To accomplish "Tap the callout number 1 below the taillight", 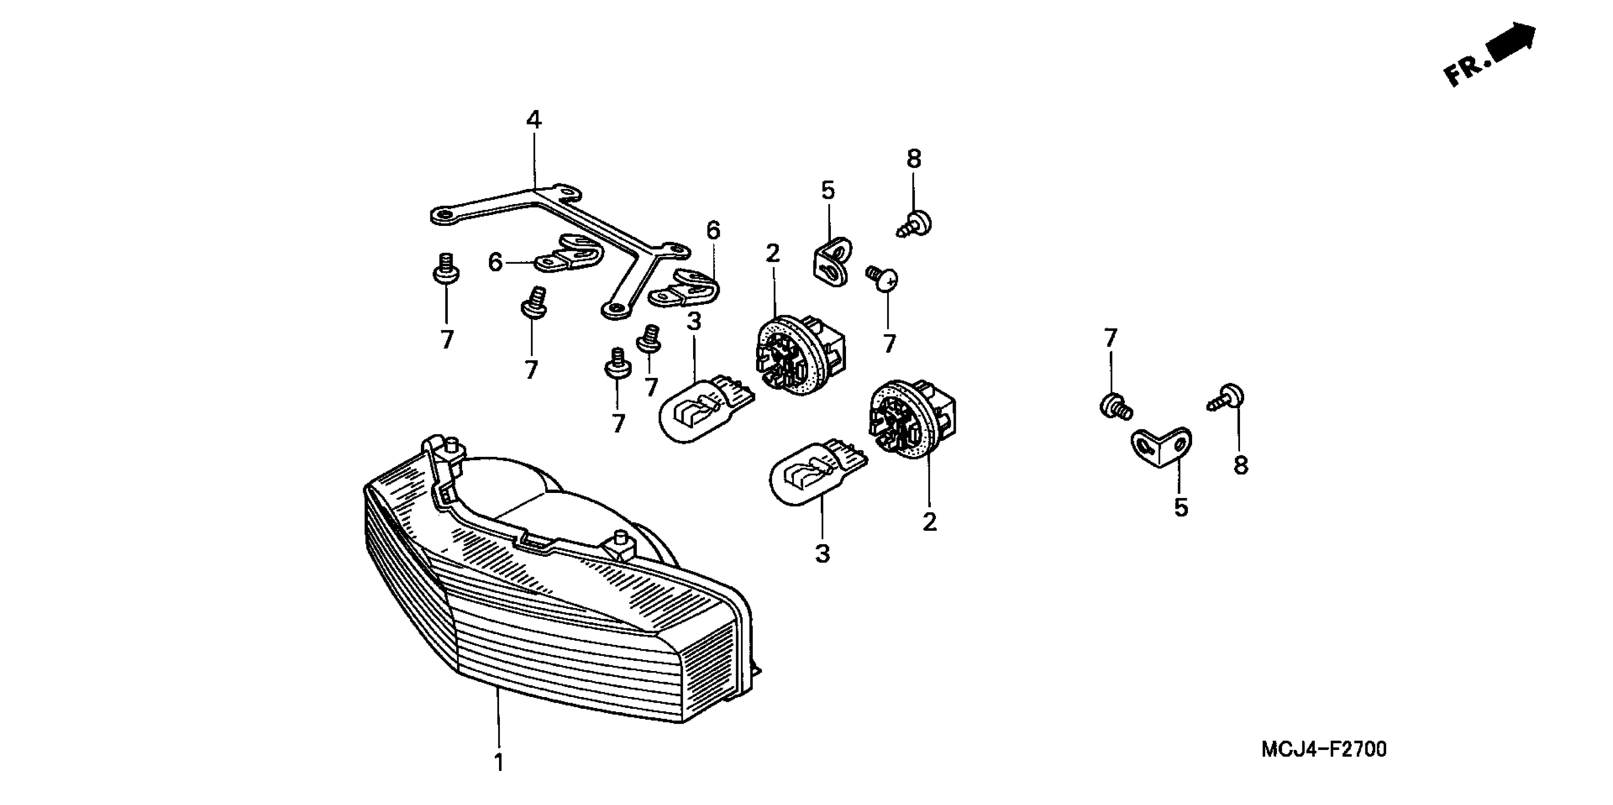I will [499, 762].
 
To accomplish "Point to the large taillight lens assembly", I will [551, 595].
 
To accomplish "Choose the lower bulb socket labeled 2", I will [910, 417].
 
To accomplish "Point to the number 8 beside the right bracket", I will [1240, 466].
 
